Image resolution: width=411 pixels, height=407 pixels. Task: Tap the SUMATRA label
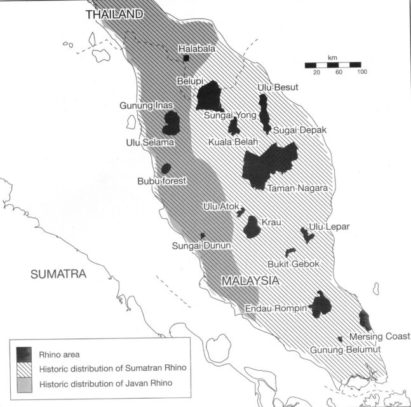[58, 275]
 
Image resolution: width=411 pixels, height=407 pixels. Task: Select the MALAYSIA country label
[250, 280]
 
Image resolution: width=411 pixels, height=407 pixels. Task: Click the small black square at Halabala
[187, 58]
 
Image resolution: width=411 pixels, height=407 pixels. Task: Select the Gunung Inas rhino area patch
[171, 122]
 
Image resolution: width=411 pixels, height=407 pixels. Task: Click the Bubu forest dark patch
[166, 169]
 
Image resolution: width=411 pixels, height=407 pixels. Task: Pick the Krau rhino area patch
[252, 227]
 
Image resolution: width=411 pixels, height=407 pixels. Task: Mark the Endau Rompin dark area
[320, 305]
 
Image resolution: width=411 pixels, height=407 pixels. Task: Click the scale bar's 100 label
[361, 72]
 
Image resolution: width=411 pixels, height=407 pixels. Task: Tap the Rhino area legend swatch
[25, 354]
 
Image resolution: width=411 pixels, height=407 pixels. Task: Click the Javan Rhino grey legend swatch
[25, 383]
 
